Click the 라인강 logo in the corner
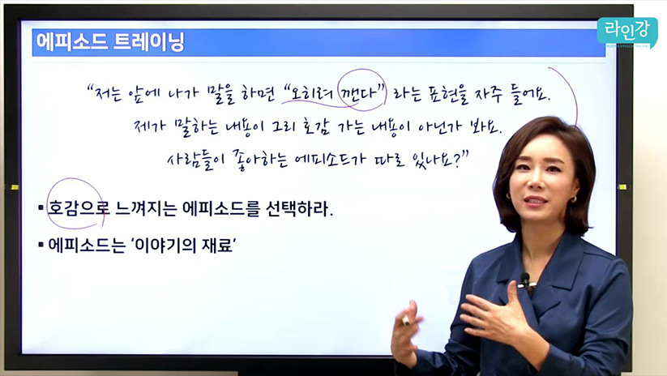pyautogui.click(x=626, y=32)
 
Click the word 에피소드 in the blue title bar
pyautogui.click(x=71, y=42)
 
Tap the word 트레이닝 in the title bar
pyautogui.click(x=149, y=42)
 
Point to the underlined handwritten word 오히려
pyautogui.click(x=311, y=93)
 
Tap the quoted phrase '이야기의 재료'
pyautogui.click(x=183, y=245)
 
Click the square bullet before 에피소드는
pyautogui.click(x=41, y=245)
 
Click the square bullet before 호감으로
pyautogui.click(x=41, y=208)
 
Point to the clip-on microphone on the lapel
pyautogui.click(x=526, y=280)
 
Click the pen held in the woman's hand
pyautogui.click(x=406, y=320)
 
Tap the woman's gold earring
pyautogui.click(x=573, y=199)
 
